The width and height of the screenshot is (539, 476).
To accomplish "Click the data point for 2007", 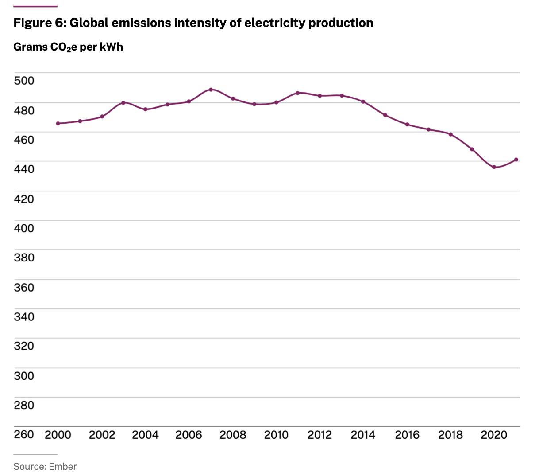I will click(211, 90).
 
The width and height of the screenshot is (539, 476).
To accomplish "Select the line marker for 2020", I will click(494, 167).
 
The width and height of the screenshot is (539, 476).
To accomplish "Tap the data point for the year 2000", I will click(58, 124).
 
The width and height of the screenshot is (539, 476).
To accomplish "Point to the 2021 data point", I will click(516, 160).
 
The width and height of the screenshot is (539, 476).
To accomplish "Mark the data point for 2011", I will click(297, 93).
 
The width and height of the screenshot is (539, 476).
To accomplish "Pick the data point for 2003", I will click(123, 103).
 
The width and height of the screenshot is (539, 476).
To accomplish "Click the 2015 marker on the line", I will click(385, 115).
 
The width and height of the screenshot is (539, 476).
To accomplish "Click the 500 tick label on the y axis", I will click(24, 81).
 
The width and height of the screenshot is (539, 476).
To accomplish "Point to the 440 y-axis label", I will click(24, 169).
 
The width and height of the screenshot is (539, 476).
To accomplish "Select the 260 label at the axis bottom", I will click(24, 434).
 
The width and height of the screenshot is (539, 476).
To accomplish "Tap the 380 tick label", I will click(24, 258).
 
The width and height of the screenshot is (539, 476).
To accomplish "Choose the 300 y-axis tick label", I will click(24, 376).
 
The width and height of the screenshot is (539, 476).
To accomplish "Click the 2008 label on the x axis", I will click(233, 435).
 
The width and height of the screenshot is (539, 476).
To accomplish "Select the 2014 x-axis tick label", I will click(363, 435).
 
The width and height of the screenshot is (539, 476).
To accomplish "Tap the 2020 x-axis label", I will click(494, 435).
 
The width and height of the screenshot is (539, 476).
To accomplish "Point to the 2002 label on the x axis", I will click(102, 435).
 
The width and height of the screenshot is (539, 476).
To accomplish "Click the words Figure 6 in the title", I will click(39, 23).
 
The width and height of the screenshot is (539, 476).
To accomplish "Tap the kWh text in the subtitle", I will click(111, 47).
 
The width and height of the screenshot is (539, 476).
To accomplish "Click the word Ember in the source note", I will click(63, 466).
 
